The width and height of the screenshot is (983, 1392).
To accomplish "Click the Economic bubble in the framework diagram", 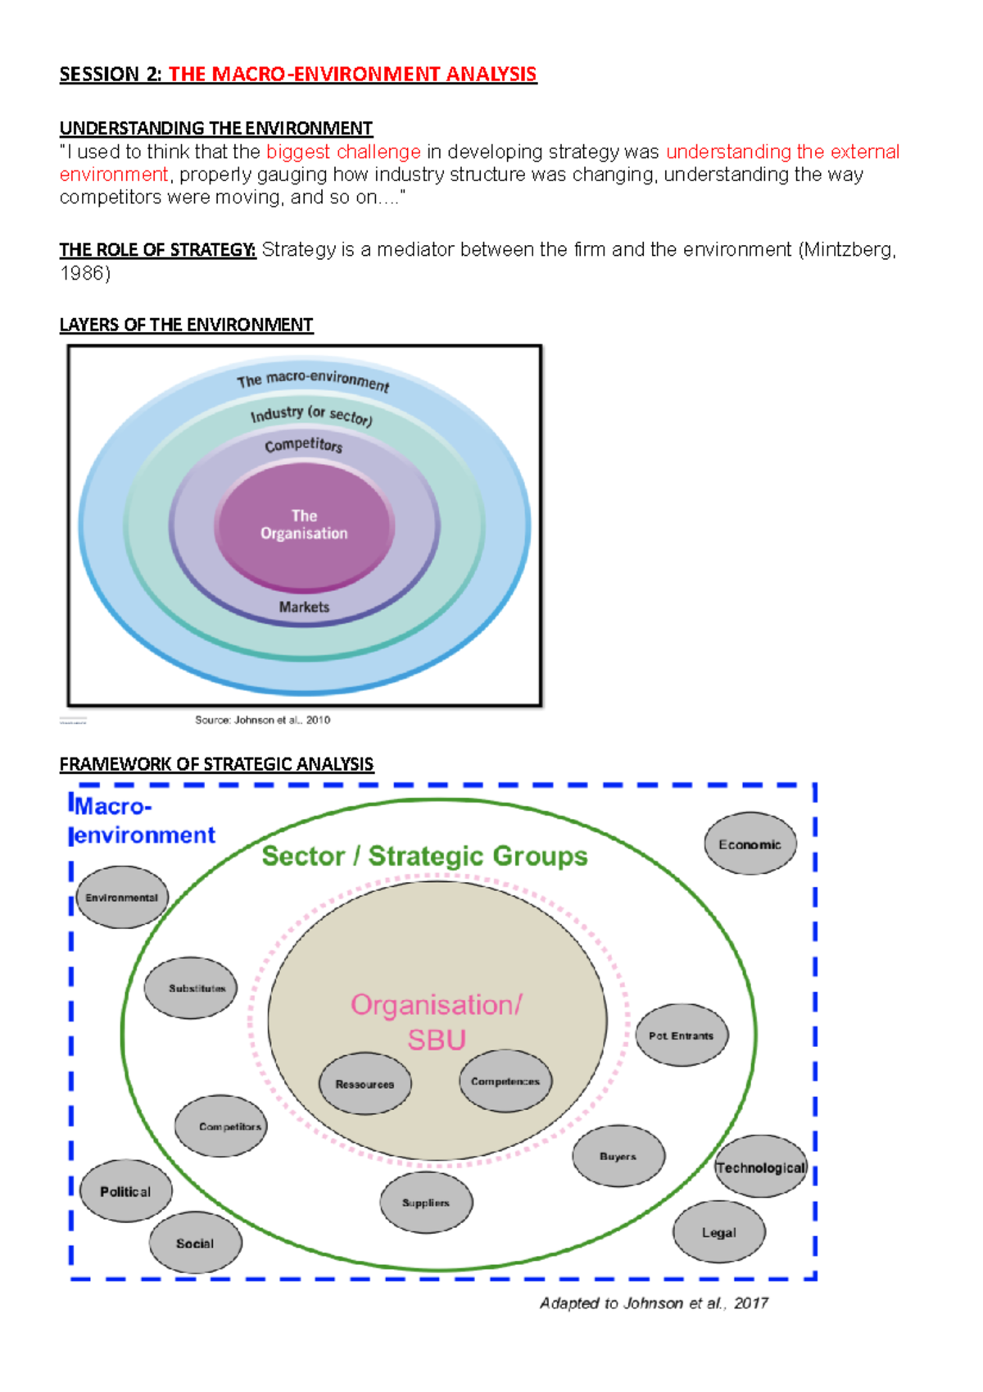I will pyautogui.click(x=750, y=844).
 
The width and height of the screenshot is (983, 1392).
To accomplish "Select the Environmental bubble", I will pyautogui.click(x=122, y=898).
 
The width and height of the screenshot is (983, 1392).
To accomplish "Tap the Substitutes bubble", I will pyautogui.click(x=191, y=989).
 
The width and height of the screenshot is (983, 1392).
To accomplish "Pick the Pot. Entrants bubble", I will pyautogui.click(x=682, y=1035).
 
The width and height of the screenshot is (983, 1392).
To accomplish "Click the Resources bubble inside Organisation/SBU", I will pyautogui.click(x=365, y=1084).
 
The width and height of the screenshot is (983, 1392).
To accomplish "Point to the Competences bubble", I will pyautogui.click(x=505, y=1081).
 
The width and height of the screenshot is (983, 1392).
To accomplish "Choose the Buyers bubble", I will pyautogui.click(x=618, y=1157).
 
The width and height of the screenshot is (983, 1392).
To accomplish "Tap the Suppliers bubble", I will pyautogui.click(x=426, y=1203).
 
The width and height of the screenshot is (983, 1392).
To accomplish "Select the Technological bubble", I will pyautogui.click(x=761, y=1167).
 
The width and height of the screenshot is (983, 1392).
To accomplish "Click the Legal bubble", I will pyautogui.click(x=719, y=1232).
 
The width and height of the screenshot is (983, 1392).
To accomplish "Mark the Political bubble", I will pyautogui.click(x=125, y=1191).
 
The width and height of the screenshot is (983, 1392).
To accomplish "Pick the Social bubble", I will pyautogui.click(x=195, y=1243).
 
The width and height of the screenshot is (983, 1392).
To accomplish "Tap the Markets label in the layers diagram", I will pyautogui.click(x=304, y=607).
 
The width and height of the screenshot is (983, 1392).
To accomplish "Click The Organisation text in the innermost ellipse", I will pyautogui.click(x=304, y=525).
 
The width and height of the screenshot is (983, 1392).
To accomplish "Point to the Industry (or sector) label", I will pyautogui.click(x=311, y=415).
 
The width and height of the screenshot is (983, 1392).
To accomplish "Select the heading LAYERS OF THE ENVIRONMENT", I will pyautogui.click(x=186, y=325).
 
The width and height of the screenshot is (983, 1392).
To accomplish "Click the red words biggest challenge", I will pyautogui.click(x=343, y=152).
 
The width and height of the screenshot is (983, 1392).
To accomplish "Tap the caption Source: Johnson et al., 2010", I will pyautogui.click(x=262, y=720).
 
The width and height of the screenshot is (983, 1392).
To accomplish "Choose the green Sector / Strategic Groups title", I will pyautogui.click(x=424, y=856).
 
